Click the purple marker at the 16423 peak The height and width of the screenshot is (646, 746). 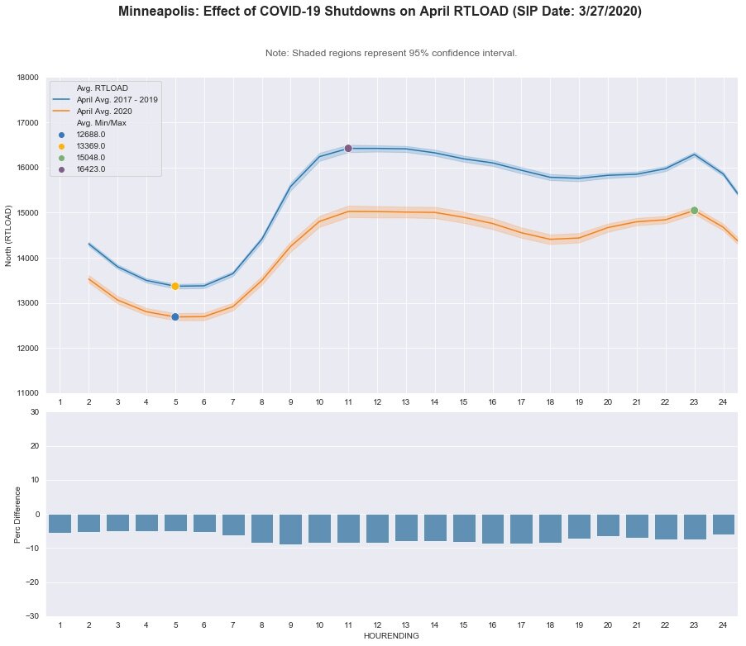coord(348,148)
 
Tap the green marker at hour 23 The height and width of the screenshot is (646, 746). coord(694,210)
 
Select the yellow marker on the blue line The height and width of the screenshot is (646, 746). coord(175,286)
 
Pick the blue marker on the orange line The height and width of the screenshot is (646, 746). coord(175,316)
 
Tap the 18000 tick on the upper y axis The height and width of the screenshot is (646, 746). coord(27,78)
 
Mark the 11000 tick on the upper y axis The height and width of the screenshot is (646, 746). coord(27,393)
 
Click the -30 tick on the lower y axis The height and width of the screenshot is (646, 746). coord(31,616)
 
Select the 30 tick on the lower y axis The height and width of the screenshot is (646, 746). coord(33,411)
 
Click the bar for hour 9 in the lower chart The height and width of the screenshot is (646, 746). coord(290,529)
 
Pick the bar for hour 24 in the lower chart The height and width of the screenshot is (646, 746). coord(723,524)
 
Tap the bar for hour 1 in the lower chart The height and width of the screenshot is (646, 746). coord(60,523)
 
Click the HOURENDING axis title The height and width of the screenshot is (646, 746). coord(391,636)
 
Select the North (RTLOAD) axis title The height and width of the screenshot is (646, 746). coord(9,235)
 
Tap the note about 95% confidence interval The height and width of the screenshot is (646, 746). coord(391,53)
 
